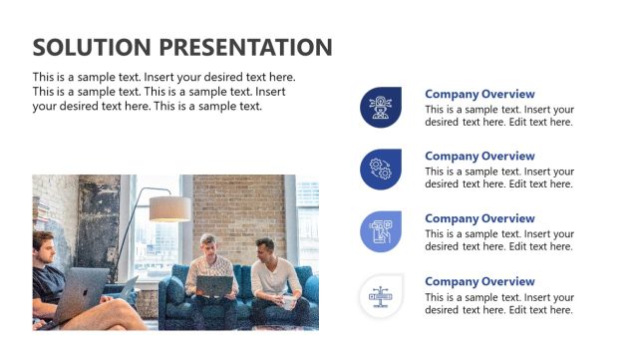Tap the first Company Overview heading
tap(479, 94)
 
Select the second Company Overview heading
tap(479, 156)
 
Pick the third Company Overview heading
tap(479, 218)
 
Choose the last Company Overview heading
tap(479, 281)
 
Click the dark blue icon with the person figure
tap(380, 107)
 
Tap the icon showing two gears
tap(380, 169)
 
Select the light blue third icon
tap(380, 231)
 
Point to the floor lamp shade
tap(169, 208)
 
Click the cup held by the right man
tap(287, 301)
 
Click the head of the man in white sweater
tap(263, 248)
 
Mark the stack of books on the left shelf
tap(40, 212)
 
